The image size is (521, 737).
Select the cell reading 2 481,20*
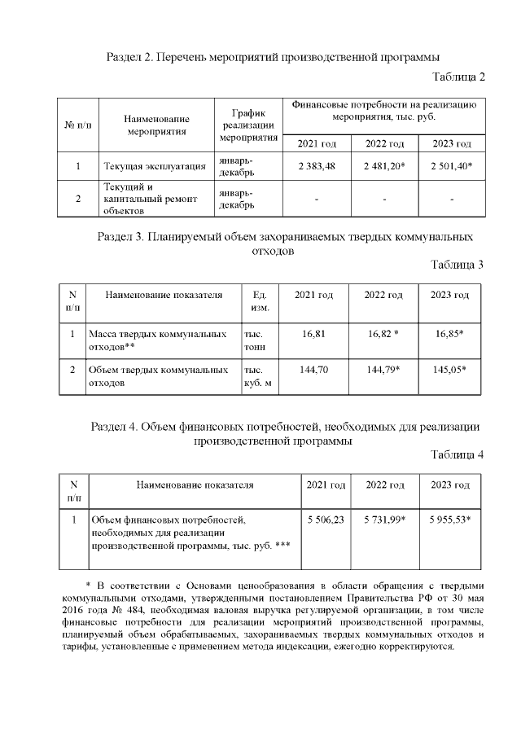click(x=385, y=166)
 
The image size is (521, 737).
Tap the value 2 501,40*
click(x=452, y=166)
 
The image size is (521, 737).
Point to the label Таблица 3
click(x=458, y=265)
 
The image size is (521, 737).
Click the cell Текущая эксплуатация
click(x=154, y=166)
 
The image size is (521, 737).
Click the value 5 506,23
click(x=326, y=519)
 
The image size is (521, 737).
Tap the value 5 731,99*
click(x=385, y=519)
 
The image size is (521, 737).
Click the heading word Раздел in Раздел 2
click(x=126, y=57)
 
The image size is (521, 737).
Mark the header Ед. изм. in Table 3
click(x=260, y=301)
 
